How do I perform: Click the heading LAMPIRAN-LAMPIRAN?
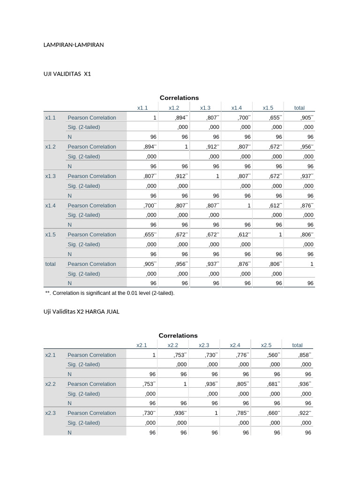(x=73, y=45)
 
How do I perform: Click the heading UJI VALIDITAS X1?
(x=67, y=74)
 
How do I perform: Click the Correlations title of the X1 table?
(x=179, y=97)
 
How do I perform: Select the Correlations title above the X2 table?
(x=178, y=335)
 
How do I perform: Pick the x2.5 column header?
(x=266, y=345)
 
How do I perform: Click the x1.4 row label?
(x=50, y=205)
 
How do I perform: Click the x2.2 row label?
(x=50, y=384)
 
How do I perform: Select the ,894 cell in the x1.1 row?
(x=180, y=118)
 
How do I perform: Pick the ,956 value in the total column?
(x=306, y=147)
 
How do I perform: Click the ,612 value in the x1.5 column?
(x=275, y=205)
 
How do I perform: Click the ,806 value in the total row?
(x=275, y=264)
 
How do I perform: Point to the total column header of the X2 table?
(x=297, y=345)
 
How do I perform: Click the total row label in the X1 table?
(x=50, y=264)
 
